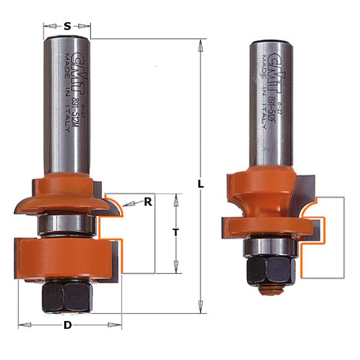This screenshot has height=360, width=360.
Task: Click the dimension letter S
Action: tap(67, 26)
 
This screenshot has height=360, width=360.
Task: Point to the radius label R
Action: tap(148, 202)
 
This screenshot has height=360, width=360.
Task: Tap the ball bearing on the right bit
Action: tap(268, 247)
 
